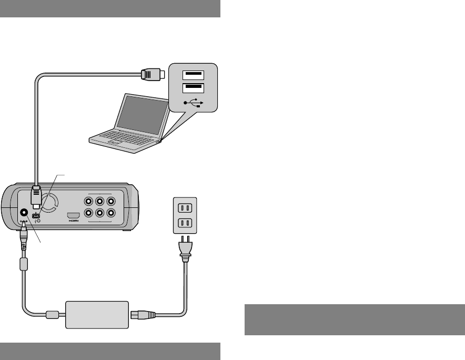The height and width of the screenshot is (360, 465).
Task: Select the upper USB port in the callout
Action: coord(193,74)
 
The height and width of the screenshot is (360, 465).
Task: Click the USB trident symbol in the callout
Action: coord(193,102)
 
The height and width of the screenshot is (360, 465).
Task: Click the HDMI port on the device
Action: coord(73,216)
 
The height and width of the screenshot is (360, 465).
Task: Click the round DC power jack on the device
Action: coord(24,214)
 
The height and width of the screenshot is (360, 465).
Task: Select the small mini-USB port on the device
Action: coord(36,216)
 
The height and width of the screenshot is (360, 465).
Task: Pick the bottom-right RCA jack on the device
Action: coord(110,214)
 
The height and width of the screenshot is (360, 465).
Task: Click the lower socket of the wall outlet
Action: coord(185,223)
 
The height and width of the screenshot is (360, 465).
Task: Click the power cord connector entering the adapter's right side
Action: coord(143,315)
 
